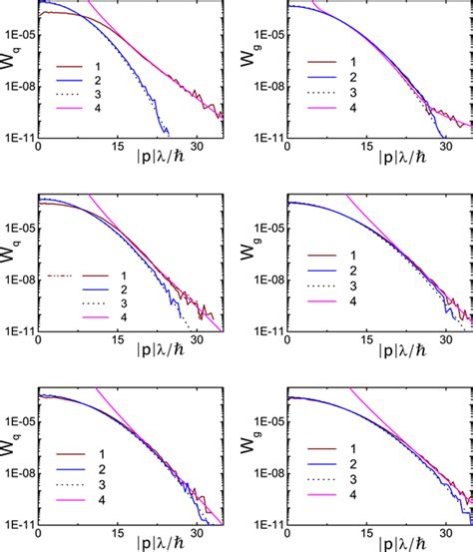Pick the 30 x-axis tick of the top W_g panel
click(446, 145)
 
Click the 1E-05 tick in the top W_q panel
click(19, 35)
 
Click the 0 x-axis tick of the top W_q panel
click(38, 145)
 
